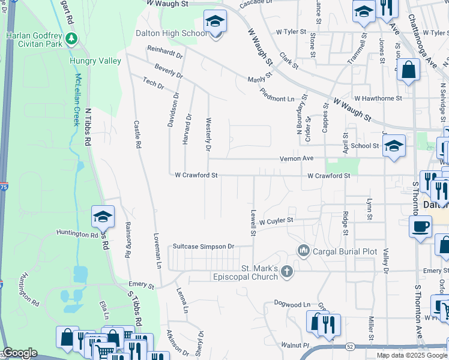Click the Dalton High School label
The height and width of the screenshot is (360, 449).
tap(171, 34)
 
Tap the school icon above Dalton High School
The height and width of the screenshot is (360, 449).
tap(215, 22)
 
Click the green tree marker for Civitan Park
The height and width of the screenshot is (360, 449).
tap(72, 39)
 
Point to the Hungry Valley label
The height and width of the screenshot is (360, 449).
tap(95, 61)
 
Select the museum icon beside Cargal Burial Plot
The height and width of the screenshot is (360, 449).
tap(304, 250)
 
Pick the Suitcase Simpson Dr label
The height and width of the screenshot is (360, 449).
tap(203, 246)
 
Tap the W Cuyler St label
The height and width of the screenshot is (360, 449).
tap(276, 220)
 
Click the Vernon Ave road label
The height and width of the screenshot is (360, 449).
tap(297, 158)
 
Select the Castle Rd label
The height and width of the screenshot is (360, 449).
tap(137, 134)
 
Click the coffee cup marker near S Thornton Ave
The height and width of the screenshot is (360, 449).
tap(420, 227)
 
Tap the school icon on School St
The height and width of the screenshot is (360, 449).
tap(394, 145)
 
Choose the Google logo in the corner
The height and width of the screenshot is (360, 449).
tap(19, 353)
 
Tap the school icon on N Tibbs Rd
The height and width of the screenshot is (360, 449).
tap(103, 217)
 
